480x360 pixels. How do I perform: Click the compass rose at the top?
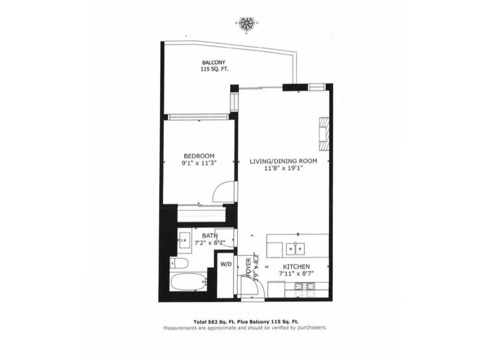pyautogui.click(x=247, y=23)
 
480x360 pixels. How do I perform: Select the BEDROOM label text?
pyautogui.click(x=199, y=156)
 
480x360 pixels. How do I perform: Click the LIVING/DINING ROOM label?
pyautogui.click(x=283, y=161)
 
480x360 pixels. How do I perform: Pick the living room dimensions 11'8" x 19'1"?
pyautogui.click(x=283, y=169)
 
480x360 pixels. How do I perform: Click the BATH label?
pyautogui.click(x=210, y=236)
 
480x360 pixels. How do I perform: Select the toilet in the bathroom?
pyautogui.click(x=179, y=263)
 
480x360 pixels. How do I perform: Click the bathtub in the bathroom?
pyautogui.click(x=189, y=282)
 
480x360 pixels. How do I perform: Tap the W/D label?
pyautogui.click(x=225, y=264)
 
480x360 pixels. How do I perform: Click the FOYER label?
pyautogui.click(x=248, y=268)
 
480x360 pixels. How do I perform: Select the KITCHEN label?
pyautogui.click(x=296, y=267)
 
